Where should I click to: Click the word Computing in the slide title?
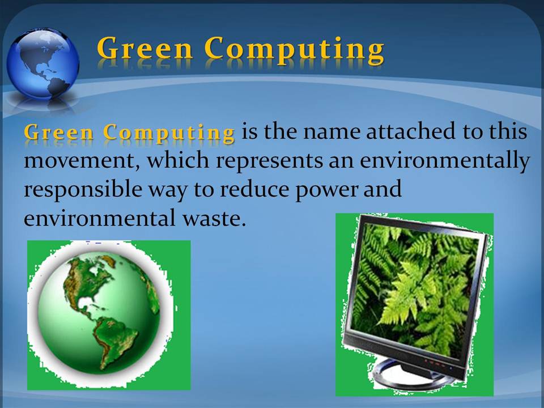(294, 50)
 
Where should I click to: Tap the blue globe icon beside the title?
(43, 63)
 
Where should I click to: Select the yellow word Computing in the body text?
(169, 133)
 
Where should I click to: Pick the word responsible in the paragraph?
(83, 190)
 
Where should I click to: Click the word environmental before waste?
(100, 219)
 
